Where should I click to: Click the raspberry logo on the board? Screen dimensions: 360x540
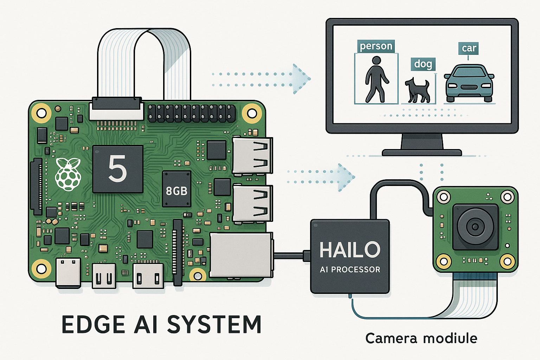pyautogui.click(x=68, y=174)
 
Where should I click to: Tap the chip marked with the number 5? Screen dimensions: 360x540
pyautogui.click(x=117, y=169)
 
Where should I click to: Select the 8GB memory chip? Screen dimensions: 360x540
pyautogui.click(x=176, y=190)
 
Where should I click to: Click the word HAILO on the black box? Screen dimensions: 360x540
pyautogui.click(x=350, y=250)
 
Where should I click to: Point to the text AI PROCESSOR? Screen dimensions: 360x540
pyautogui.click(x=350, y=270)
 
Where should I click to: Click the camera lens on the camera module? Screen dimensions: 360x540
pyautogui.click(x=475, y=227)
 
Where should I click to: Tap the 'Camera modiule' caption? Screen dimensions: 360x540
pyautogui.click(x=421, y=338)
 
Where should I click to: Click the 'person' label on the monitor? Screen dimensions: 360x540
pyautogui.click(x=376, y=46)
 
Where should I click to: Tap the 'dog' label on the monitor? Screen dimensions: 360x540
pyautogui.click(x=423, y=64)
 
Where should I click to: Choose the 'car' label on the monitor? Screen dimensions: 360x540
pyautogui.click(x=469, y=48)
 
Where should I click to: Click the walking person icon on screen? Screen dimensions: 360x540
pyautogui.click(x=376, y=79)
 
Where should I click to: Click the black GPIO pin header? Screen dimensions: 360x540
pyautogui.click(x=192, y=113)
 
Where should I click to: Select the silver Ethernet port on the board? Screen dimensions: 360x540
pyautogui.click(x=241, y=255)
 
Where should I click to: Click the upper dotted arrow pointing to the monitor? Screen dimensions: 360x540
pyautogui.click(x=262, y=79)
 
